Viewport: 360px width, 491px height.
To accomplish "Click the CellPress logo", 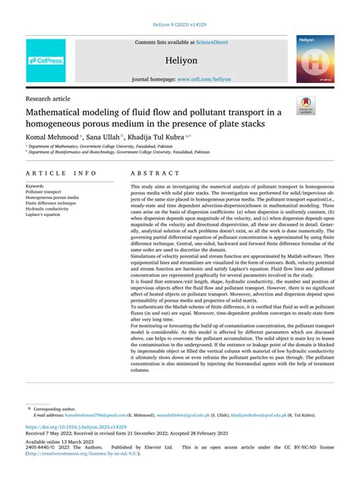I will (46, 60).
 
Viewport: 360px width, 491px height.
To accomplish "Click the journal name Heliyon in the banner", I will (180, 60).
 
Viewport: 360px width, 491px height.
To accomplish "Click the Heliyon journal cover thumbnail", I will (314, 59).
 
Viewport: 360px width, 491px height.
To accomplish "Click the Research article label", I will (47, 99).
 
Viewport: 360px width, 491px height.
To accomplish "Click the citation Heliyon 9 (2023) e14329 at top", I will (179, 24).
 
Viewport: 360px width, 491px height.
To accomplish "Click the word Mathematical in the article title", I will (69, 112).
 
